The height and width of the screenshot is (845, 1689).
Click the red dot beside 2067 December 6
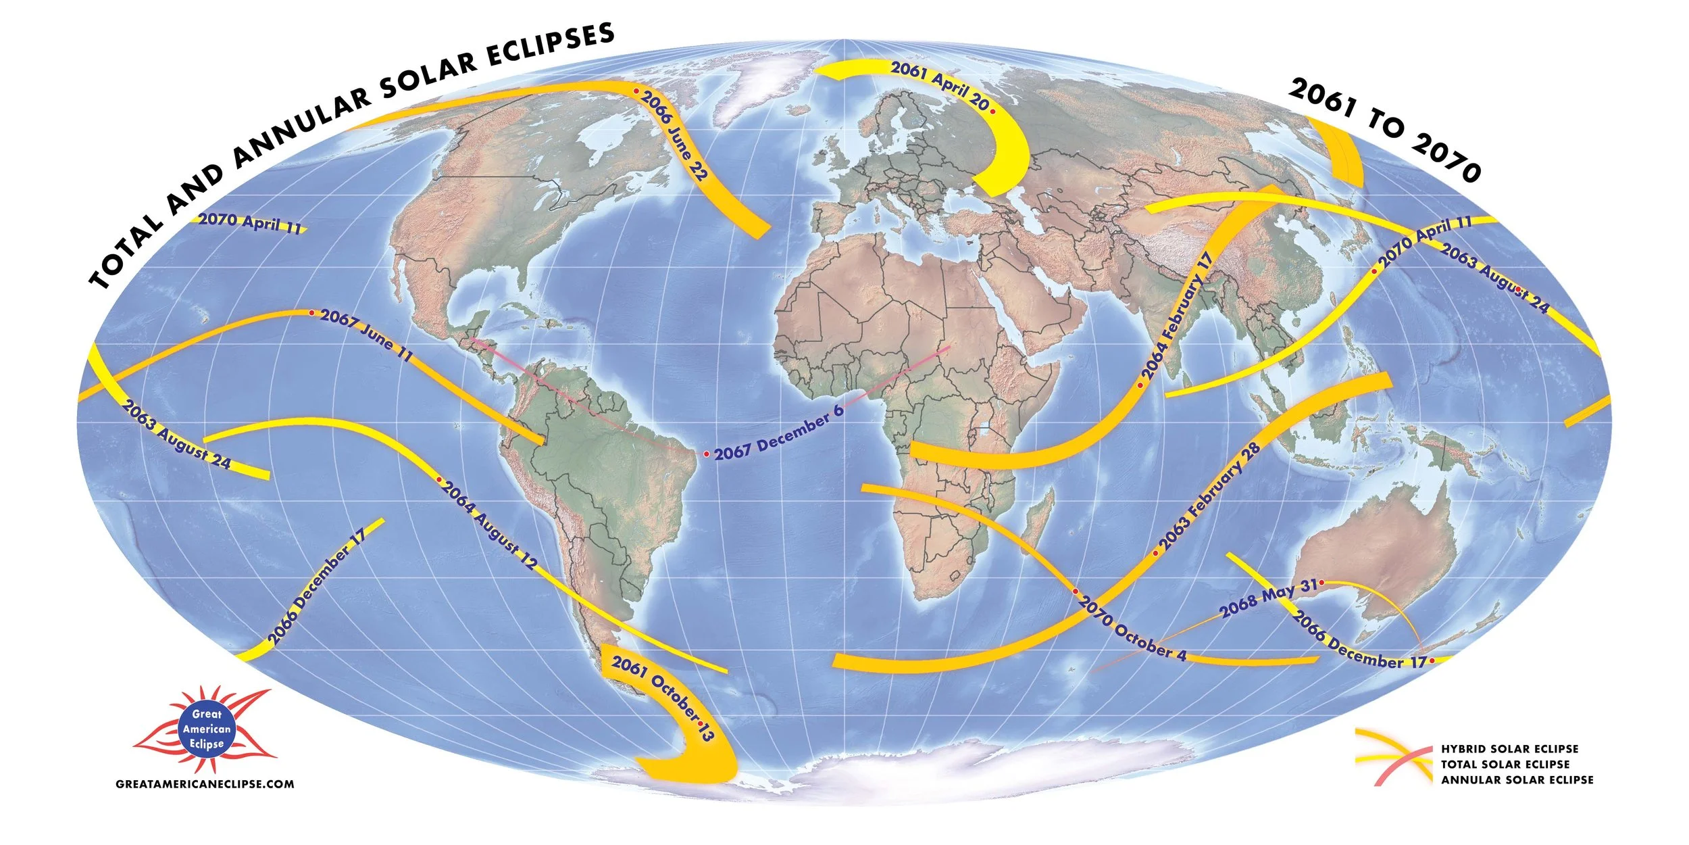[x=706, y=454]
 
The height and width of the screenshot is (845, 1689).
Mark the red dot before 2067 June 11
[x=311, y=313]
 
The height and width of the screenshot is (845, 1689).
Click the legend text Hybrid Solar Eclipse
[x=1509, y=749]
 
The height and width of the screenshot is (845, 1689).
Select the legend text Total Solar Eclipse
[x=1505, y=765]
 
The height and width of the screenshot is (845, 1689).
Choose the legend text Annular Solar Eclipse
[x=1517, y=780]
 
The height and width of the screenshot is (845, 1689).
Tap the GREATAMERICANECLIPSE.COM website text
[x=205, y=784]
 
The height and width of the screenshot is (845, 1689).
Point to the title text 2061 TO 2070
[x=1385, y=128]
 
